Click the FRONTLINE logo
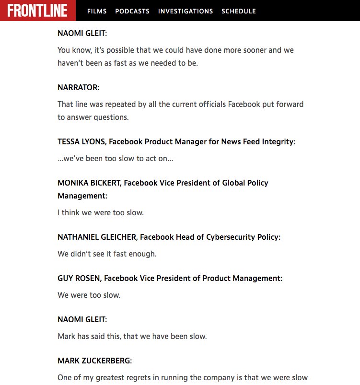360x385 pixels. pyautogui.click(x=37, y=11)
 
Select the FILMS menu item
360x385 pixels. pyautogui.click(x=97, y=11)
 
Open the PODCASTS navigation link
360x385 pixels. pyautogui.click(x=132, y=11)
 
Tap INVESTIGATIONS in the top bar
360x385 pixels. pyautogui.click(x=186, y=11)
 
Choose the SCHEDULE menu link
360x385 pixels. pyautogui.click(x=239, y=11)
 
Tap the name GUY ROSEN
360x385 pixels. pyautogui.click(x=79, y=278)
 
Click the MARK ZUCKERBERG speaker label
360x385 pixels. pyautogui.click(x=94, y=360)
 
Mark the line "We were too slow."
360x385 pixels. pyautogui.click(x=89, y=295)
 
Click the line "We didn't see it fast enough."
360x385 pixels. pyautogui.click(x=107, y=254)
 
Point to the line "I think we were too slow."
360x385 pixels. pyautogui.click(x=100, y=212)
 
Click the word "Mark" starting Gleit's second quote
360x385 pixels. pyautogui.click(x=67, y=336)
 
